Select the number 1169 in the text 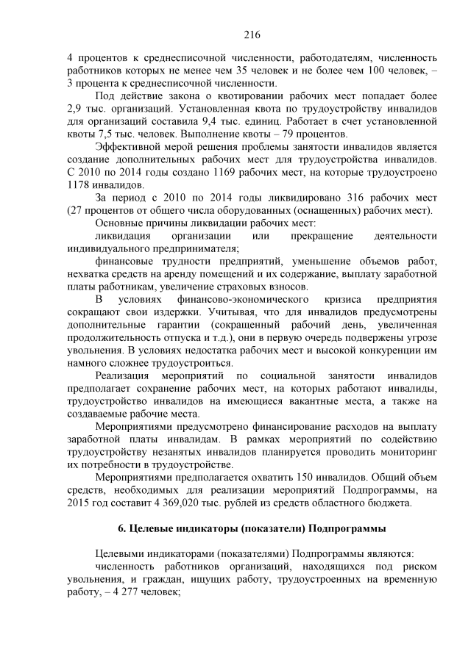pos(217,173)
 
